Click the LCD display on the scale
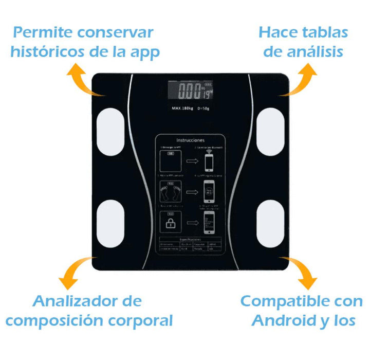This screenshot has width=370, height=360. tap(191, 93)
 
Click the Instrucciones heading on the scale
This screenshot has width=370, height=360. tap(190, 140)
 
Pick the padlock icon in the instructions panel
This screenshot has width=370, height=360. tap(170, 223)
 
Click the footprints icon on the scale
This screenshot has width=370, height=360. tap(170, 192)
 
